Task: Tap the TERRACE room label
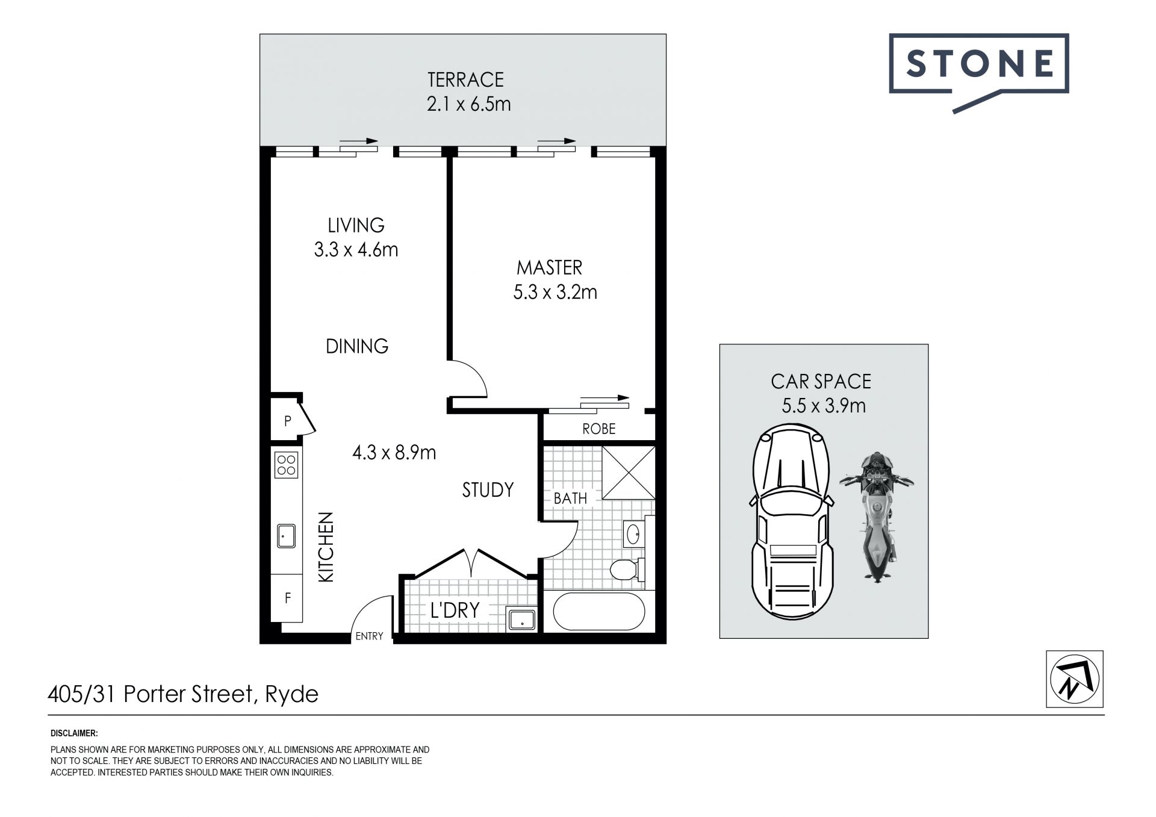[465, 79]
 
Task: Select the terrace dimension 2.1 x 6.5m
[468, 104]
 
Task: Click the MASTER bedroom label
[549, 267]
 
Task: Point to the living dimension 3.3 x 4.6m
[356, 249]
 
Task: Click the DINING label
[357, 346]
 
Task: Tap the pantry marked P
[287, 421]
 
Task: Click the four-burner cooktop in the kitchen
[286, 464]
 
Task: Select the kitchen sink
[286, 535]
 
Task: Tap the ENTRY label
[369, 636]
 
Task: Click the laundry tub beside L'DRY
[521, 619]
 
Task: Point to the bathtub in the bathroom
[599, 612]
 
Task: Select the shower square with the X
[628, 473]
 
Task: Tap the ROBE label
[598, 429]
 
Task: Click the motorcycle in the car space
[877, 517]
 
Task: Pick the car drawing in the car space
[792, 522]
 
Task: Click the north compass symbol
[1075, 679]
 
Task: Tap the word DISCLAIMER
[74, 733]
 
